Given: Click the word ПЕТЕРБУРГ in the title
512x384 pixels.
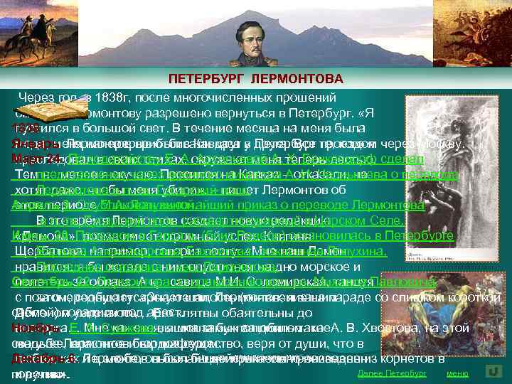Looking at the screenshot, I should (208, 78).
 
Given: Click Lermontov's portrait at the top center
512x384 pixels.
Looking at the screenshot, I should (258, 34).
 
